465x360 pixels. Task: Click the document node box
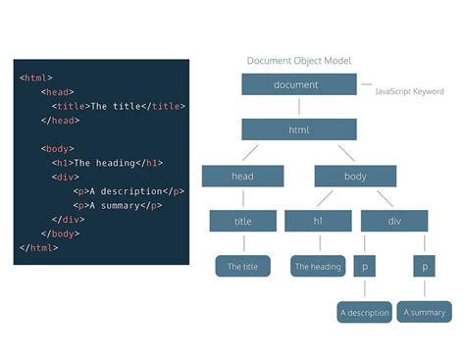click(299, 84)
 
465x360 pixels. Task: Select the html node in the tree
click(299, 129)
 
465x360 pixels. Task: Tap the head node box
click(242, 176)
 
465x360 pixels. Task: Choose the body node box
click(354, 176)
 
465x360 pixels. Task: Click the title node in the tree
click(242, 221)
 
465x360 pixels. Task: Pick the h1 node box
click(318, 221)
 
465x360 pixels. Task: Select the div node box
click(394, 221)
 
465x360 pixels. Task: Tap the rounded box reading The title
click(242, 266)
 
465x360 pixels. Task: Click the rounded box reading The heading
click(318, 266)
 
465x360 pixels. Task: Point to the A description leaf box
click(364, 313)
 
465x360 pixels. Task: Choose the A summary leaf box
click(425, 313)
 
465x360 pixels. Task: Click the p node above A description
click(365, 266)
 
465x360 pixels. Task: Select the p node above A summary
click(425, 266)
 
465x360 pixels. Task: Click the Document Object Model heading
click(299, 60)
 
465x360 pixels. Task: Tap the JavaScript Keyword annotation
click(409, 91)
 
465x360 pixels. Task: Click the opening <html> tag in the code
click(36, 77)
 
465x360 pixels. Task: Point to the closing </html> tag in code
click(38, 248)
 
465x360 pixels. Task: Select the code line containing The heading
click(107, 163)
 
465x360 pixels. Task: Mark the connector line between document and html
click(299, 107)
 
